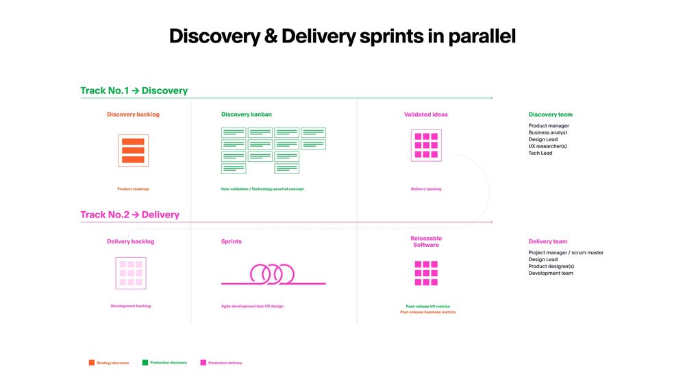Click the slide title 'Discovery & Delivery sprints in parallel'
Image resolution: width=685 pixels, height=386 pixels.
pos(342,36)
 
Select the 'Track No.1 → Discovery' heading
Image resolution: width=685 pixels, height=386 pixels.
pos(134,91)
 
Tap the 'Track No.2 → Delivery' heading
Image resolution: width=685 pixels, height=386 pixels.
pos(129,215)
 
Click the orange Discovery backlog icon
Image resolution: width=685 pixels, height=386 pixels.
pos(133,150)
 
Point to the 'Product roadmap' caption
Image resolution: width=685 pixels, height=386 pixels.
pos(133,189)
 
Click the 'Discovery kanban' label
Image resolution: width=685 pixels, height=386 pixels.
pos(247,114)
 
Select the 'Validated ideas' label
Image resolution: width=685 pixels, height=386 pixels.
pos(426,114)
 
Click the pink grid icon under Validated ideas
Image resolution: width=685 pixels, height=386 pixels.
pos(426,145)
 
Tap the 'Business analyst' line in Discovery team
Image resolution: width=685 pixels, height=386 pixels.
pos(547,133)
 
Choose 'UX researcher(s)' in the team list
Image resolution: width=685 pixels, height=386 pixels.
pos(547,146)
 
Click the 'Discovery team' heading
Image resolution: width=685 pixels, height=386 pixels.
pos(550,114)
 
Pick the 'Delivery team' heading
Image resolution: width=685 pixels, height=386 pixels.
pos(548,241)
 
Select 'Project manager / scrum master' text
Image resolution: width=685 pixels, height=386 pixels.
pos(566,252)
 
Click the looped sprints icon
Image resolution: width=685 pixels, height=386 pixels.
pos(272,275)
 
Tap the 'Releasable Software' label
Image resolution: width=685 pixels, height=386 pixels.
pos(426,241)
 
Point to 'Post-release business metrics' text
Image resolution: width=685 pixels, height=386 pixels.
pos(427,312)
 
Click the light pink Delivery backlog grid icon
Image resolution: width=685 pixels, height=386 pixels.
pos(130,273)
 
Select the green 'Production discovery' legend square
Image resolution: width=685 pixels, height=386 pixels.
pos(145,362)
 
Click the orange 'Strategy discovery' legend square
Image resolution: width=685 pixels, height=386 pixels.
pos(92,362)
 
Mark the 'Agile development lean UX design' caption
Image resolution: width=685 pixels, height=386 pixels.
pos(252,306)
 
